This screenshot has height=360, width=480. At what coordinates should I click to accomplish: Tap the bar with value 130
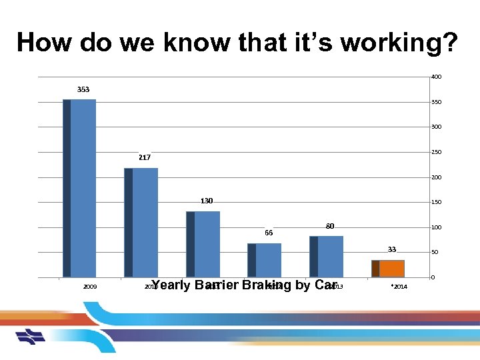(203, 243)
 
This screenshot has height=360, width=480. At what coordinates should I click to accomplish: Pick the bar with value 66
(264, 259)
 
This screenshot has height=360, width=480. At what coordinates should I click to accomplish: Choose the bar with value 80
(326, 256)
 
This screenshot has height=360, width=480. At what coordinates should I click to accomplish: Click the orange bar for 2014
(388, 268)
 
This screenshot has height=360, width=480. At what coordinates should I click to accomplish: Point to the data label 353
(83, 89)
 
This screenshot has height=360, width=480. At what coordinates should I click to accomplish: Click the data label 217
(145, 158)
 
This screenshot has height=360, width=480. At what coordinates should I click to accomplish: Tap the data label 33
(392, 249)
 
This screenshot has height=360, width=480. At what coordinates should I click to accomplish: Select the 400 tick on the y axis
(435, 77)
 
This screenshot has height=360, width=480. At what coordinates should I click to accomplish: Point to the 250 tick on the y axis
(435, 153)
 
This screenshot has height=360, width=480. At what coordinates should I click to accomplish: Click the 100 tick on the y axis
(435, 228)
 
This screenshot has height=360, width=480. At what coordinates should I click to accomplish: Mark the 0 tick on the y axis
(433, 277)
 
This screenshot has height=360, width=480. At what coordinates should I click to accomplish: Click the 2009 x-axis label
(90, 287)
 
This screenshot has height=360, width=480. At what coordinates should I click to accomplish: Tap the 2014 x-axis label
(399, 287)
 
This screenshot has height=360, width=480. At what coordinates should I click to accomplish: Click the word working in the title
(403, 43)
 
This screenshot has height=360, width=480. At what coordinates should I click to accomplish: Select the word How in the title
(44, 43)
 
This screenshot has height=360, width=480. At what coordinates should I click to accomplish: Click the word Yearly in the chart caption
(171, 285)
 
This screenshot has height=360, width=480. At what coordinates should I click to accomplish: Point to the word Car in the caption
(325, 285)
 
